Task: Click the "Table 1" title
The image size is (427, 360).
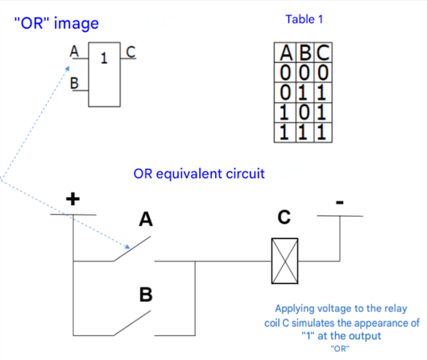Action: [x=304, y=19]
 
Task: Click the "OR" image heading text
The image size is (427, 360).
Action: [x=57, y=23]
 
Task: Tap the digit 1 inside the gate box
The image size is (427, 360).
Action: [x=104, y=59]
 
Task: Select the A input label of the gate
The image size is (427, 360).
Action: [x=74, y=51]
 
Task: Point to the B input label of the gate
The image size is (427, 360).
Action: [x=74, y=83]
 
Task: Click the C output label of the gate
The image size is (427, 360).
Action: [x=131, y=52]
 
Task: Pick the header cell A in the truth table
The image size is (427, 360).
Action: [x=286, y=53]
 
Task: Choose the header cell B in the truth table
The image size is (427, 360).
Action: [x=305, y=53]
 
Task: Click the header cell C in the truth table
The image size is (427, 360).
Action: [x=323, y=53]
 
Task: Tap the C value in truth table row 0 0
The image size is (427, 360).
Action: [x=323, y=73]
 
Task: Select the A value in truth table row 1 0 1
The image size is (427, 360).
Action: [x=284, y=112]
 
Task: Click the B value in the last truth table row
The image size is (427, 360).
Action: [x=303, y=132]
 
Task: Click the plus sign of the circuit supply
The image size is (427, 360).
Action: [x=73, y=199]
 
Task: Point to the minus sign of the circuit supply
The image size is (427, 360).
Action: [x=340, y=202]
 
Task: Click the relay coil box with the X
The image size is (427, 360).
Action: [x=284, y=261]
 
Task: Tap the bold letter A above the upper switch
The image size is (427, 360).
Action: [x=146, y=219]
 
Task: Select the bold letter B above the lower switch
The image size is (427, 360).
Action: [x=146, y=294]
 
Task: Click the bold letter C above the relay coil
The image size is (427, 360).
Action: [x=284, y=217]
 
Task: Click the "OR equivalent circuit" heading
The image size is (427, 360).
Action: [x=199, y=174]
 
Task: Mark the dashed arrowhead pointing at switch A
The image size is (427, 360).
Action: [x=127, y=247]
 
